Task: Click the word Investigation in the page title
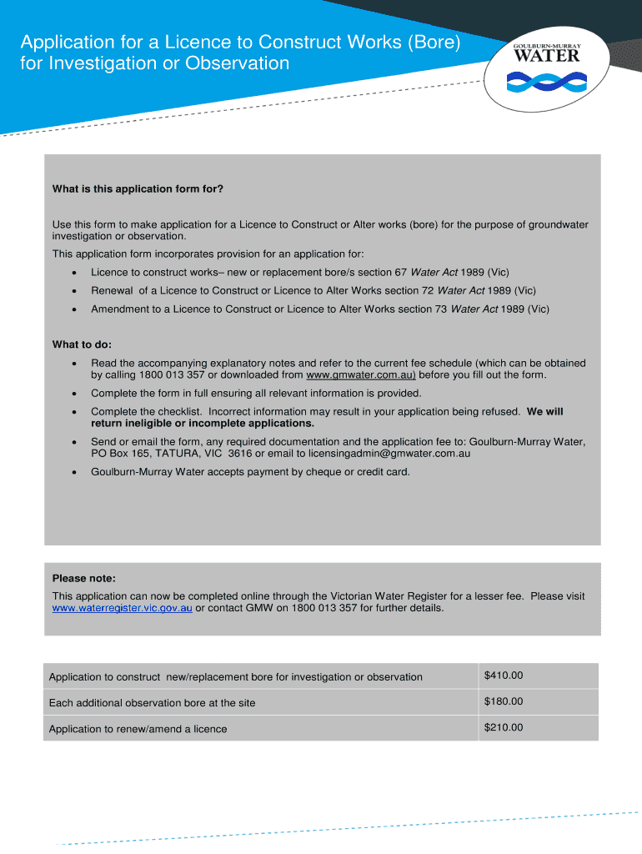point(94,63)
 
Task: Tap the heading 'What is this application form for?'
point(138,188)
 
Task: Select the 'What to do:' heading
point(82,344)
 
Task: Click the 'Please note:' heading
point(84,579)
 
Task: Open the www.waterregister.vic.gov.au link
point(123,608)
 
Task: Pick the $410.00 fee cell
point(504,676)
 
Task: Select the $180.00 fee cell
point(504,701)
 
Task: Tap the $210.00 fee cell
point(504,727)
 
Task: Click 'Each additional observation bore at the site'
point(152,703)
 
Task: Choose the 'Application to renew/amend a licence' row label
point(138,729)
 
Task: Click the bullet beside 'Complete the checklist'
point(75,412)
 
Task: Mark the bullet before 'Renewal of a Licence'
point(75,291)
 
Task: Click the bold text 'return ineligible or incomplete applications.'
point(203,423)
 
